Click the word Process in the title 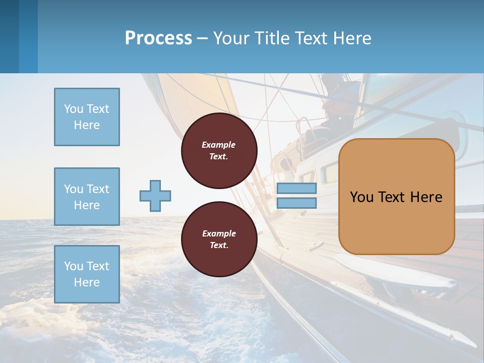point(158,38)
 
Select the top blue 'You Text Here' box point(87,117)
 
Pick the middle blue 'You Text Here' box point(87,197)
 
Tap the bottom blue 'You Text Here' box point(87,274)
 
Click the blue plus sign point(155,196)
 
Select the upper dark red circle point(219,151)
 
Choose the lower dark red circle point(219,239)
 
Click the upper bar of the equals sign point(296,189)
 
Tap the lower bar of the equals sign point(296,203)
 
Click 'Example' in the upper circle point(219,145)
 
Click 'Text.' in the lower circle point(219,246)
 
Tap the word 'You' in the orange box point(361,197)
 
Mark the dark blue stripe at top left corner point(9,36)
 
